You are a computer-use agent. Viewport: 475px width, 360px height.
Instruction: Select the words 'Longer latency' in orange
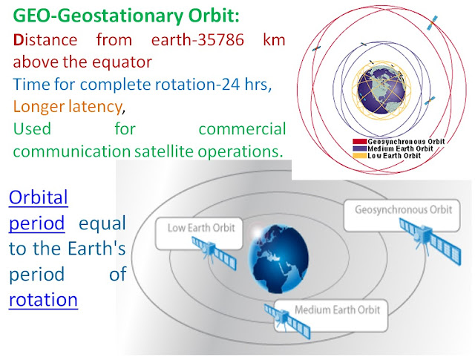click(68, 107)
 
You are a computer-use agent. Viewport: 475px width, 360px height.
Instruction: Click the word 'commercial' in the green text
click(243, 129)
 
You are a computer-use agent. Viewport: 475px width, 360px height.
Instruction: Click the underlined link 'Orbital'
click(39, 197)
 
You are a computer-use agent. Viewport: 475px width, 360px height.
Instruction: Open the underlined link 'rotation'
click(43, 300)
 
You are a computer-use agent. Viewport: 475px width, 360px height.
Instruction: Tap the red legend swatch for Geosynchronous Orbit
click(359, 142)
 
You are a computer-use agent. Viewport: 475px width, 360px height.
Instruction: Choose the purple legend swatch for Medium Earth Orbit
click(359, 148)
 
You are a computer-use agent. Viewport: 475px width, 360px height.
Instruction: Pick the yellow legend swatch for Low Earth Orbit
click(359, 156)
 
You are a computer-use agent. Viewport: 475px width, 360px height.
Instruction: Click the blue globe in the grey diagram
click(279, 258)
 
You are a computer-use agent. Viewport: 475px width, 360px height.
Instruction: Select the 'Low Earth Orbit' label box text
click(201, 228)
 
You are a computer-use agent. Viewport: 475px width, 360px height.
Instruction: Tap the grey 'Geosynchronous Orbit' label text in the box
click(403, 210)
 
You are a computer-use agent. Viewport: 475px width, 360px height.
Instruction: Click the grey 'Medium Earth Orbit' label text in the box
click(337, 310)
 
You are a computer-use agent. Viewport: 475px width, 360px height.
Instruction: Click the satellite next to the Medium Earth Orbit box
click(287, 321)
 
